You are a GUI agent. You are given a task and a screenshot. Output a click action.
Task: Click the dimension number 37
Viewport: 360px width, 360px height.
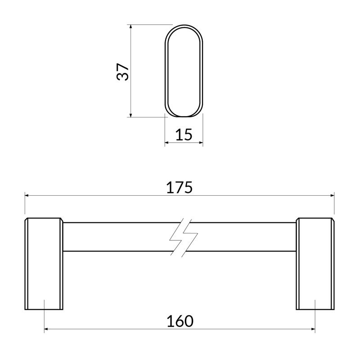click(122, 72)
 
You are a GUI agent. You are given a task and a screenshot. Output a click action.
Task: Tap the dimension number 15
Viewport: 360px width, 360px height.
click(184, 135)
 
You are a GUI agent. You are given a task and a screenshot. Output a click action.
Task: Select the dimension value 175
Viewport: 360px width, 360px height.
click(179, 187)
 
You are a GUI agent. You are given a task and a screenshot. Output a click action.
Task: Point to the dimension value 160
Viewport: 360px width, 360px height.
click(180, 321)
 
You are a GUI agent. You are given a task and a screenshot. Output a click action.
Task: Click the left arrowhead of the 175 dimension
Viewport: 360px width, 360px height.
click(27, 195)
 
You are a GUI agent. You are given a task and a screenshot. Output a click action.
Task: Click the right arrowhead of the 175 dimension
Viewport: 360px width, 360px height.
click(332, 195)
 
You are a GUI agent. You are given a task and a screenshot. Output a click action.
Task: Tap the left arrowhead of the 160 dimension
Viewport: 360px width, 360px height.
click(46, 329)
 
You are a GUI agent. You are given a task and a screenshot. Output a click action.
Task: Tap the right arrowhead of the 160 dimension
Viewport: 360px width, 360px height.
click(313, 329)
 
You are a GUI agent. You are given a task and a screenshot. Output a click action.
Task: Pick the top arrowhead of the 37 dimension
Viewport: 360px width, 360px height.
click(130, 27)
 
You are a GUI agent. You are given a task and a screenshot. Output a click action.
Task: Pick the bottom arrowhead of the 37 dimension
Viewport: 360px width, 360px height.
click(130, 115)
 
